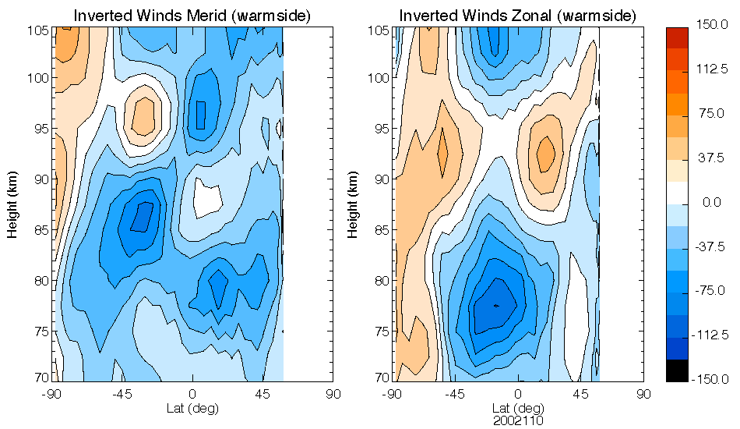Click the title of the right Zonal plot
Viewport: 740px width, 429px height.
(518, 16)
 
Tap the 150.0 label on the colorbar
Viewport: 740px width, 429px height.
(712, 26)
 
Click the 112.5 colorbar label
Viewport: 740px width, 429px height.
(712, 70)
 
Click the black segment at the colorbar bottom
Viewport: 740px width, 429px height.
(677, 371)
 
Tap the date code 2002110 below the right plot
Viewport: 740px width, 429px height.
(518, 420)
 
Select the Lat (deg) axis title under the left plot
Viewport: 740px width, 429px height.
(192, 408)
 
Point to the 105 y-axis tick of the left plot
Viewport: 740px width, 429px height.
(40, 30)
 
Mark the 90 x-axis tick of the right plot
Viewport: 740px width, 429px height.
(643, 395)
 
